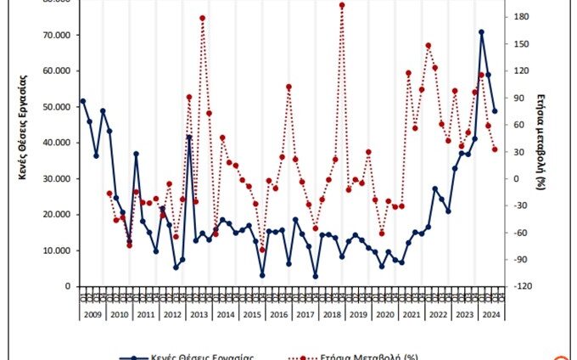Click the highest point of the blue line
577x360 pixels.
[x=481, y=32]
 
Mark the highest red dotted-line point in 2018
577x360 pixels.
[x=342, y=5]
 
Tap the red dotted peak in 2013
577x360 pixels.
[x=202, y=18]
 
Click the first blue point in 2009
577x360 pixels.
[x=82, y=101]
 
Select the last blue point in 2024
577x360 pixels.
[x=495, y=111]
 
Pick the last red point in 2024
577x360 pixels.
[x=495, y=149]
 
